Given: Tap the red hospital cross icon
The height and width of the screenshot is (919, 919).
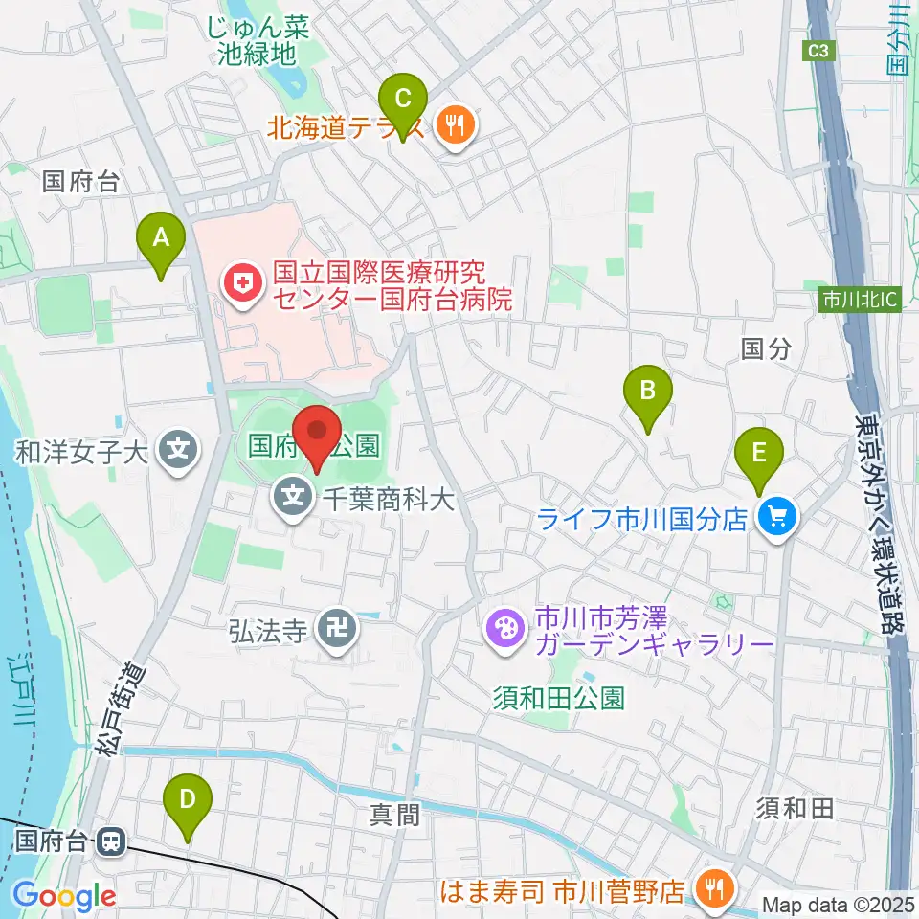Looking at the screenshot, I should pyautogui.click(x=239, y=283).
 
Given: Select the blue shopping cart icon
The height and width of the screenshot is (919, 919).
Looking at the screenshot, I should pyautogui.click(x=776, y=518).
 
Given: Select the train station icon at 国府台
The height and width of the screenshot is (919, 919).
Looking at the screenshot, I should pyautogui.click(x=111, y=842).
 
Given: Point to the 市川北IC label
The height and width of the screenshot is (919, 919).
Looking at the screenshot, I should pyautogui.click(x=861, y=301).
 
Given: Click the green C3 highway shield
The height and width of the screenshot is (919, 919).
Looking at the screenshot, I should pyautogui.click(x=817, y=54).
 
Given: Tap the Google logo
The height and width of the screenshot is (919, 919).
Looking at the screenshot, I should pyautogui.click(x=64, y=896).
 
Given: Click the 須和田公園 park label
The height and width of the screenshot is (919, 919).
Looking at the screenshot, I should pyautogui.click(x=558, y=697).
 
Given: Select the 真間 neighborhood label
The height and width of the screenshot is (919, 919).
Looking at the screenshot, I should pyautogui.click(x=394, y=815).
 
